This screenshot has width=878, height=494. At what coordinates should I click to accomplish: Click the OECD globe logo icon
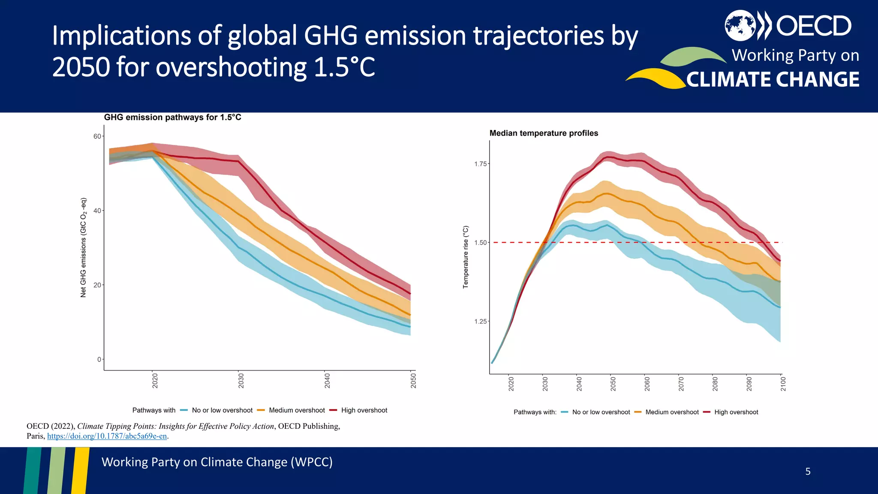(x=740, y=26)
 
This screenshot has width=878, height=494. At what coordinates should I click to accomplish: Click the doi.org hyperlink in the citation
(x=107, y=436)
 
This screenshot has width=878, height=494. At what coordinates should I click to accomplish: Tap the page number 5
(x=808, y=472)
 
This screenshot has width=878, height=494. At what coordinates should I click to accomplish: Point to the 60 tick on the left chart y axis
(x=97, y=136)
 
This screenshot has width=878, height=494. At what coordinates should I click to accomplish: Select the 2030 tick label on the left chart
(x=241, y=381)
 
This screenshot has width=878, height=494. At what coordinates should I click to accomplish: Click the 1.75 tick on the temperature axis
(x=481, y=164)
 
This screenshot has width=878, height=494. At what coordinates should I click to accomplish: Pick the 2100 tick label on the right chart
(x=783, y=383)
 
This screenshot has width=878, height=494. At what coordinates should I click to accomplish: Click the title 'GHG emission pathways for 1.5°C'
(x=172, y=117)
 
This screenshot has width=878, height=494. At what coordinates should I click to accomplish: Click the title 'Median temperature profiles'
(x=544, y=133)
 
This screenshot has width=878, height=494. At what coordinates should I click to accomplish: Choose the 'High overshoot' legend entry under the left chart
(x=364, y=410)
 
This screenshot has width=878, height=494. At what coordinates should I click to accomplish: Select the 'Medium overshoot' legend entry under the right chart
(x=671, y=412)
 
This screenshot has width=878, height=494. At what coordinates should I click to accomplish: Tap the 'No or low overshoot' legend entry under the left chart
(x=222, y=410)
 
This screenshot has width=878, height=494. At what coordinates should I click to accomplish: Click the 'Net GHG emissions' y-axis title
(x=84, y=247)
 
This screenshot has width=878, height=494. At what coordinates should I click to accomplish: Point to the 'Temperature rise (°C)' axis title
(x=466, y=257)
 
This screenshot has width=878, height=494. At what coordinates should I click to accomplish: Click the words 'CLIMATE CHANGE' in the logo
(x=773, y=80)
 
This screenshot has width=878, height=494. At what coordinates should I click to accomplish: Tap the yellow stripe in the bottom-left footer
(x=81, y=470)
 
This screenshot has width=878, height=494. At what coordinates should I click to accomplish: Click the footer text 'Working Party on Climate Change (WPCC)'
(x=217, y=462)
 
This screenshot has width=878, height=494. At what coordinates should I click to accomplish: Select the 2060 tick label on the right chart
(x=647, y=383)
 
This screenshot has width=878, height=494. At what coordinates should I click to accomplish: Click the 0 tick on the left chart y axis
(x=99, y=359)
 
